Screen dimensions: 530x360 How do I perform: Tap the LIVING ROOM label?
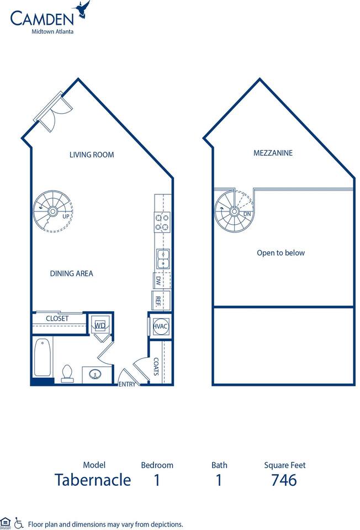coord(92,155)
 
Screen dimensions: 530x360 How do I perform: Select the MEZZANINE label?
coord(273,153)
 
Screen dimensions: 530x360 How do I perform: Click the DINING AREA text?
coord(71,273)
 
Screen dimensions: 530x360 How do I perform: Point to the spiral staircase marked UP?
coord(53,211)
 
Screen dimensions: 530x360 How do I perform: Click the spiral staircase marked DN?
coord(234,211)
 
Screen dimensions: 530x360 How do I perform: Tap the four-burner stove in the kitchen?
coord(162,221)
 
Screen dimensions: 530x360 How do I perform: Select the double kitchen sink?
coord(162,258)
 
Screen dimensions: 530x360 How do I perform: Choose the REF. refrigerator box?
coord(158,301)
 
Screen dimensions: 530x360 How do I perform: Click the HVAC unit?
coord(160,326)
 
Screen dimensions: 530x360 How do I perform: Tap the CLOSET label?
coord(57,319)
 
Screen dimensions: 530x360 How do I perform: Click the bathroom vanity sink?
coord(96,374)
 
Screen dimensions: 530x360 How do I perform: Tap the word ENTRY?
coord(127,384)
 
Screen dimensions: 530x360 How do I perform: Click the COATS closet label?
coord(156,367)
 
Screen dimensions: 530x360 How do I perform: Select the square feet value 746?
coord(284,480)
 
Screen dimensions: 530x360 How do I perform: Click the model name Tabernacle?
coord(93,480)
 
